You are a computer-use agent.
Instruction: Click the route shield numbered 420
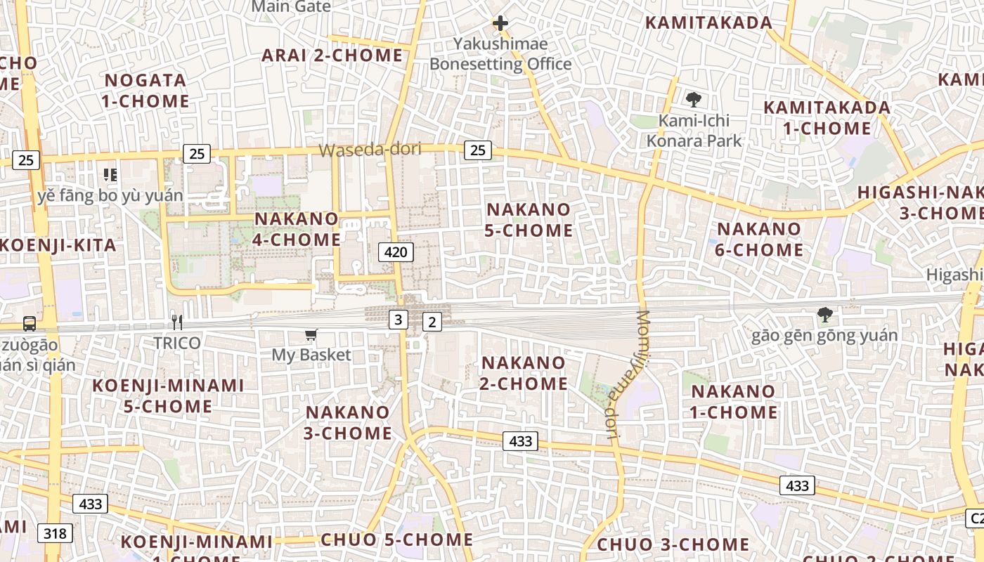pyautogui.click(x=396, y=251)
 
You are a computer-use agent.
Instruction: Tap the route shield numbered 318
pyautogui.click(x=55, y=533)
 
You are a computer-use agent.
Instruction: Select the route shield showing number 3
pyautogui.click(x=399, y=320)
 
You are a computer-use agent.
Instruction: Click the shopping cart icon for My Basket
pyautogui.click(x=311, y=335)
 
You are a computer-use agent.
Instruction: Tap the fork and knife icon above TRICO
pyautogui.click(x=177, y=322)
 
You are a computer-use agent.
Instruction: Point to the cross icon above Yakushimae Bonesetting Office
pyautogui.click(x=500, y=23)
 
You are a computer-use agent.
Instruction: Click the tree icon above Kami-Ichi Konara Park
pyautogui.click(x=694, y=100)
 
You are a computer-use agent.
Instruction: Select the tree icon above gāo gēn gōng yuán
pyautogui.click(x=824, y=315)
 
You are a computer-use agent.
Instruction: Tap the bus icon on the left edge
pyautogui.click(x=30, y=323)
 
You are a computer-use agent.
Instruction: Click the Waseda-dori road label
pyautogui.click(x=370, y=150)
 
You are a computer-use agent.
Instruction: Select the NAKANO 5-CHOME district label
pyautogui.click(x=530, y=220)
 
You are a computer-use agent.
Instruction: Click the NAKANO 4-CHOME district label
pyautogui.click(x=297, y=229)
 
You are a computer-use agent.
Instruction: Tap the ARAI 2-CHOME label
pyautogui.click(x=332, y=55)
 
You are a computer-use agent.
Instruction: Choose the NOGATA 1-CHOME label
pyautogui.click(x=145, y=91)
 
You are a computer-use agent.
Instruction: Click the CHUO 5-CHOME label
pyautogui.click(x=396, y=540)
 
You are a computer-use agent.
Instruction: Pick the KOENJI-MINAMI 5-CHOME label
pyautogui.click(x=168, y=396)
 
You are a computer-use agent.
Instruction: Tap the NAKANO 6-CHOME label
pyautogui.click(x=759, y=239)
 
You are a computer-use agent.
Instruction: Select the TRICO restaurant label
pyautogui.click(x=178, y=343)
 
